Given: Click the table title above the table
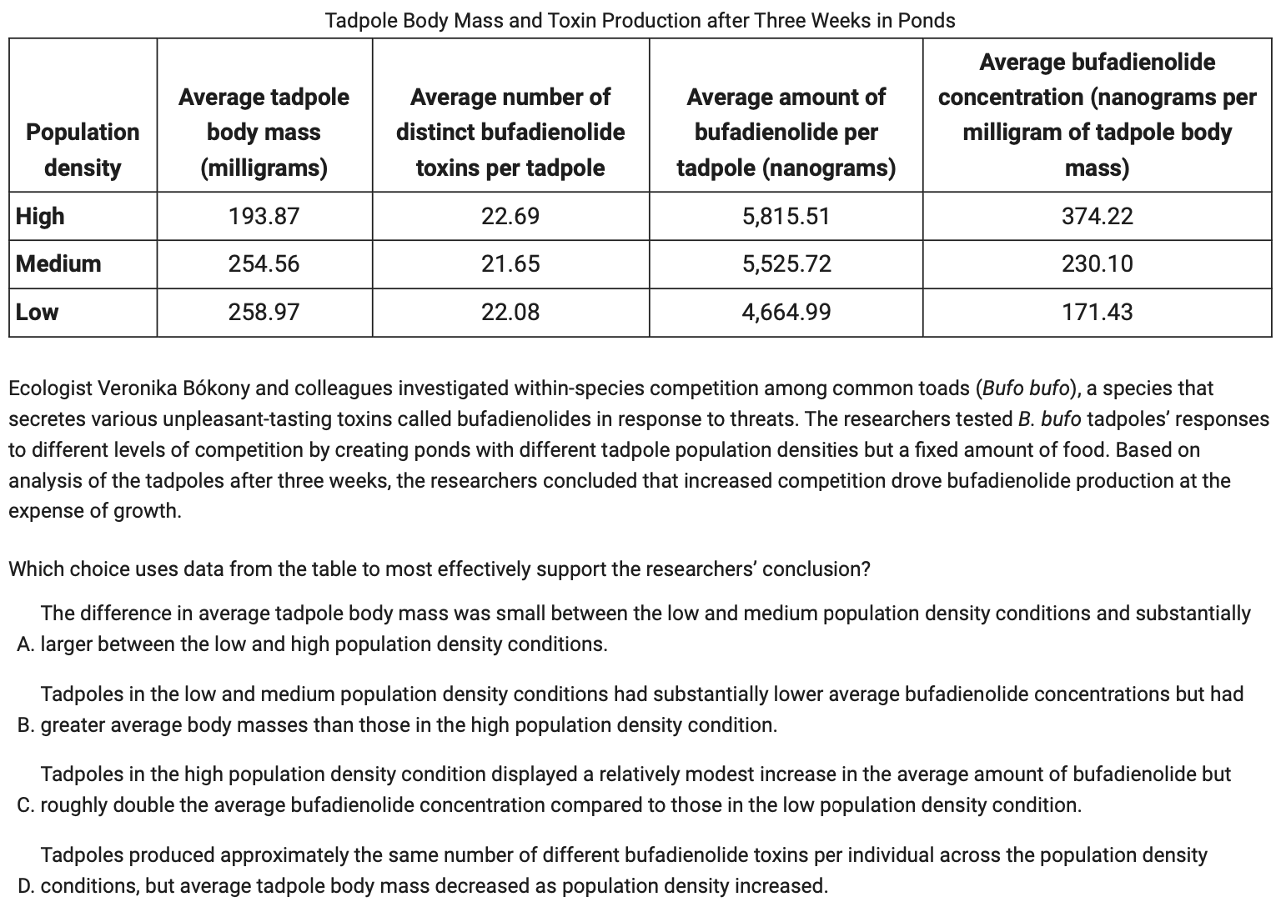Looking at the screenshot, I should [x=640, y=20].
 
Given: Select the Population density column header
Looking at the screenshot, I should [x=83, y=149].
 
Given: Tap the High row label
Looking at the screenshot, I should [x=40, y=216].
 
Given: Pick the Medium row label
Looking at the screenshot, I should [x=58, y=263].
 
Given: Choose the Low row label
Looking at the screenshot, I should [x=38, y=312].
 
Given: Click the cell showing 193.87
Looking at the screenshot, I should [x=264, y=216].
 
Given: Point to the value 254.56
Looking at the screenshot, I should [x=264, y=263].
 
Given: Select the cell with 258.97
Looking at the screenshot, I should [x=264, y=312].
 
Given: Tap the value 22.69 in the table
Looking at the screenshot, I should [x=510, y=216].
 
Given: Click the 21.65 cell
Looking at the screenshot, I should [x=510, y=263].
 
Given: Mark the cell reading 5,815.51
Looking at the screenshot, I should [x=786, y=216].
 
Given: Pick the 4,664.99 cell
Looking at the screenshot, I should [x=786, y=312].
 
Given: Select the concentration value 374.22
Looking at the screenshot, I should [x=1097, y=216].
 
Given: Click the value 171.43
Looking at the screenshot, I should [x=1097, y=312].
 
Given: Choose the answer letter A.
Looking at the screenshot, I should [x=24, y=644].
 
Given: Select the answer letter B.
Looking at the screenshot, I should [x=24, y=725].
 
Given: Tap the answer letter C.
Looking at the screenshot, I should [x=24, y=805].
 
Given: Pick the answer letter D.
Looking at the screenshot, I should [x=24, y=886].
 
